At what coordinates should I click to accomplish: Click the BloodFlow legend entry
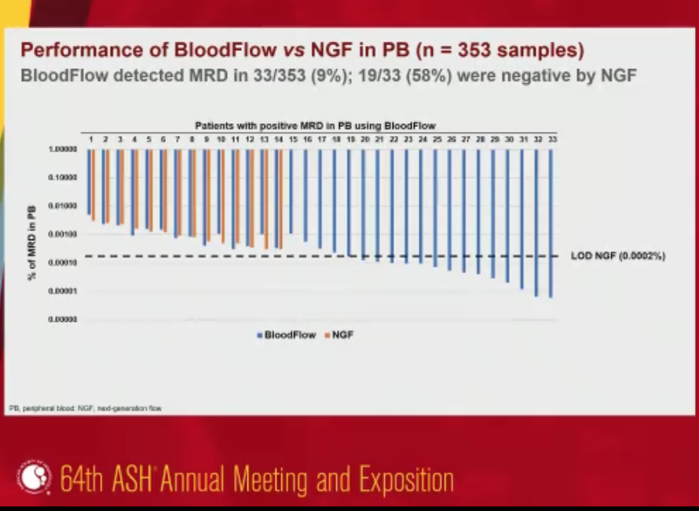pos(287,334)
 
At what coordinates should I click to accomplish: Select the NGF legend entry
pos(339,334)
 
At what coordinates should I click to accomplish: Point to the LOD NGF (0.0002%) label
pos(617,256)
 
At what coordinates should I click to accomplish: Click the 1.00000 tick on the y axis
pos(63,149)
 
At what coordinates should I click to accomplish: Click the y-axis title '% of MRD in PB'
pos(32,233)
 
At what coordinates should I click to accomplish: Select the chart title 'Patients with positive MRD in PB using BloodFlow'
pos(315,126)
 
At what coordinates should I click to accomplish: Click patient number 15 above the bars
pos(292,138)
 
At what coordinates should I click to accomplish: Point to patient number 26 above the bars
pos(451,138)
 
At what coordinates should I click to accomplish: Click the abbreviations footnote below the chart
pos(85,409)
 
